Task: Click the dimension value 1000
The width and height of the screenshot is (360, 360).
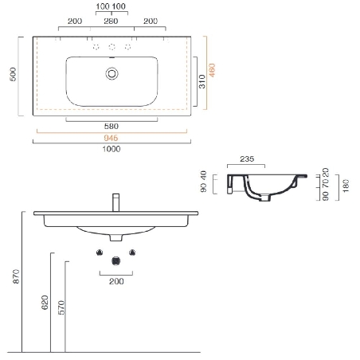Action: tap(112, 147)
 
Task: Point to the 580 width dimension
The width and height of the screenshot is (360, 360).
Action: tap(112, 126)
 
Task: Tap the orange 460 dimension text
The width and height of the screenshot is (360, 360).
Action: tap(213, 71)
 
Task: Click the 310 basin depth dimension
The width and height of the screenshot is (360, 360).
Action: tap(203, 80)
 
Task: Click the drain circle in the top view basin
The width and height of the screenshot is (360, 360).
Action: tap(112, 74)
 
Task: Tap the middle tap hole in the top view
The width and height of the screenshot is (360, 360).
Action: tap(112, 47)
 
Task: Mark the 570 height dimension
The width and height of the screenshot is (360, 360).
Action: tap(62, 309)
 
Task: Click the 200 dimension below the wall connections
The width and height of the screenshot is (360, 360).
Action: tap(117, 281)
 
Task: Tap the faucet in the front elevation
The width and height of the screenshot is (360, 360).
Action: tap(115, 201)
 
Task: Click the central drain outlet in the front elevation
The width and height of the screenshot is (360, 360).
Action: tap(116, 259)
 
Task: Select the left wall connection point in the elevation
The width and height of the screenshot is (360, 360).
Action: tap(100, 252)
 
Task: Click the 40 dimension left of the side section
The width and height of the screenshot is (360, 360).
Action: tap(203, 174)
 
